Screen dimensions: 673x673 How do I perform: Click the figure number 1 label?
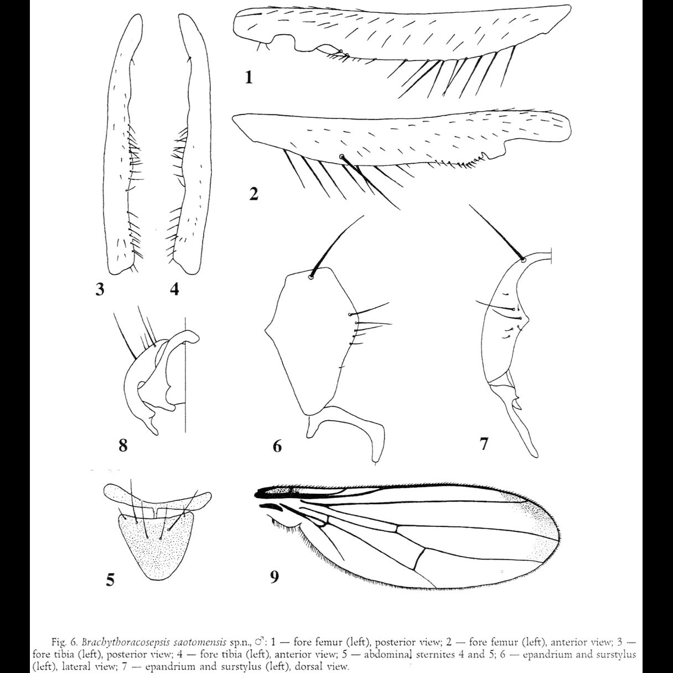249,77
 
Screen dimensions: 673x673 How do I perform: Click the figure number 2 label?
253,194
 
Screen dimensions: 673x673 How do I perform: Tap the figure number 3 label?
100,289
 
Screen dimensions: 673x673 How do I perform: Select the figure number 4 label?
174,289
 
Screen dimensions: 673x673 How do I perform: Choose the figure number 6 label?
277,445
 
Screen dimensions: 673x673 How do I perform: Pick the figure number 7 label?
484,443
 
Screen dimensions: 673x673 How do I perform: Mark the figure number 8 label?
123,444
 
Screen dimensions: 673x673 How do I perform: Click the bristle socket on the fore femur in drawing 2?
342,157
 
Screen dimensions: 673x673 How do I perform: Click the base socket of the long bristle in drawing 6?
311,277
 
